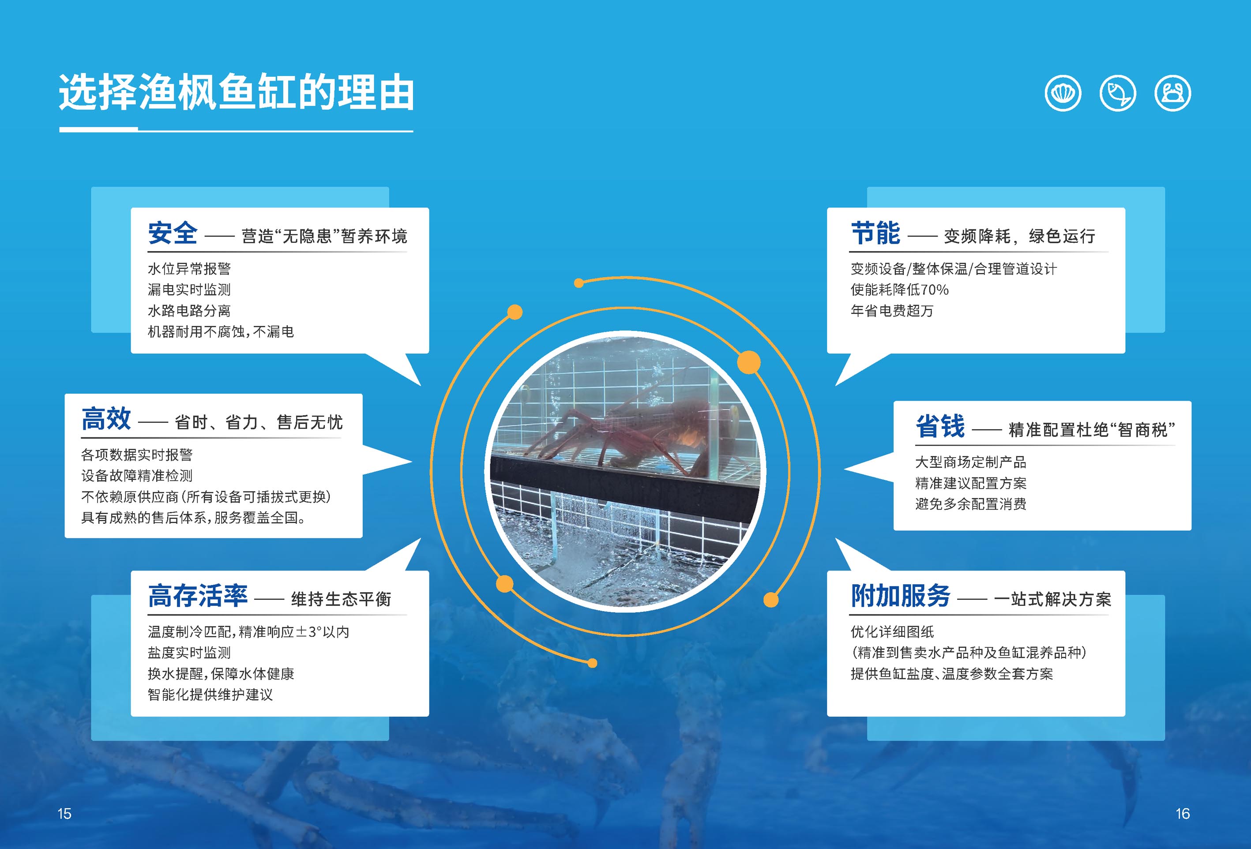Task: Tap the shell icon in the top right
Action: point(1063,93)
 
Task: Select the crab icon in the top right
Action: point(1172,93)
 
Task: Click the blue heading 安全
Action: point(173,233)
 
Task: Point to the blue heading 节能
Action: point(875,233)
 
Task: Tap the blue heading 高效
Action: point(106,419)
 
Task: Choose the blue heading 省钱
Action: point(940,426)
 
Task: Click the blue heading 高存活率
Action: point(198,596)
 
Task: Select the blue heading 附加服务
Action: point(901,596)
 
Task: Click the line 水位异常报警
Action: point(189,269)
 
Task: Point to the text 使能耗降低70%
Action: point(899,289)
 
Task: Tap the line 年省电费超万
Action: point(892,311)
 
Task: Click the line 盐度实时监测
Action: point(189,653)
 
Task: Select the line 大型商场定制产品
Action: point(970,462)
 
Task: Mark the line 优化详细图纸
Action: point(892,631)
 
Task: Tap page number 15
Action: point(64,813)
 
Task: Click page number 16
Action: point(1183,813)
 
